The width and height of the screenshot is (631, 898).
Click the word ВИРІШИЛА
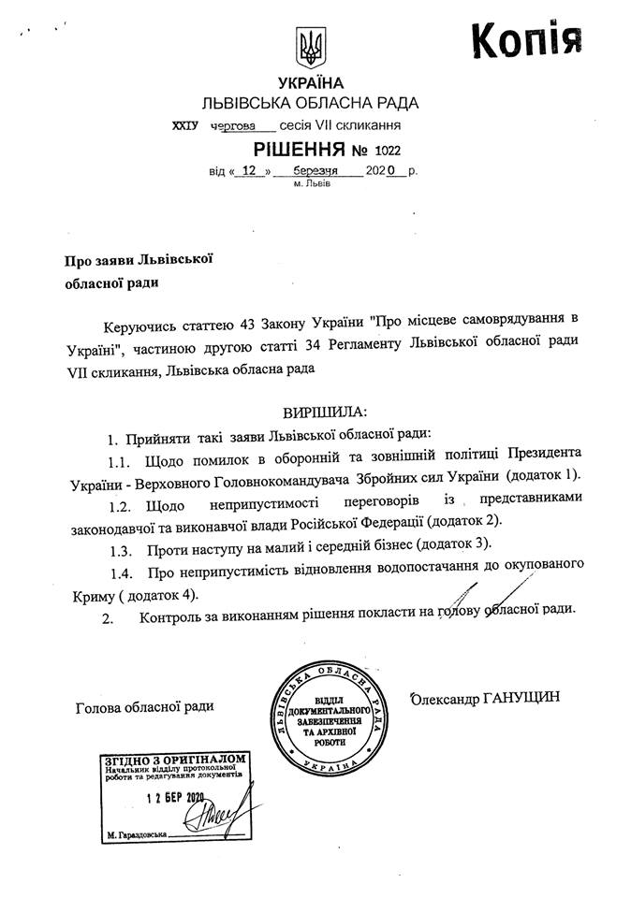(x=324, y=412)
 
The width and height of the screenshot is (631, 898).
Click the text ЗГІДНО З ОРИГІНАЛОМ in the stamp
(x=176, y=760)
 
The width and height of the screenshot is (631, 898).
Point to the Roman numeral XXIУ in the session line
(x=186, y=124)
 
